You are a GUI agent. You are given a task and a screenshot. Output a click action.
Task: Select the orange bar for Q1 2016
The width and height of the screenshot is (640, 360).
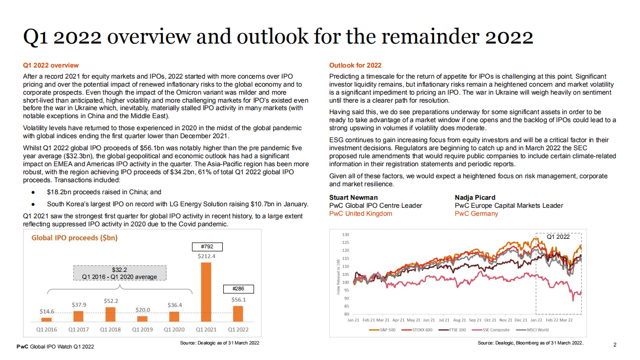tap(47, 319)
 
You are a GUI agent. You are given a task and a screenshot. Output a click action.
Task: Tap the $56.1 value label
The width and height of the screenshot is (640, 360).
tap(238, 299)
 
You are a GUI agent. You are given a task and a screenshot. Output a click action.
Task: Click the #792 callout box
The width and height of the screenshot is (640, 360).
tap(207, 246)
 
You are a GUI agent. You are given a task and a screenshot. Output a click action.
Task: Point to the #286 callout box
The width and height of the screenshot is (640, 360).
tap(238, 289)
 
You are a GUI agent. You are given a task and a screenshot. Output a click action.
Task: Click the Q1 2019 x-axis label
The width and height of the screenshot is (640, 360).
tap(143, 329)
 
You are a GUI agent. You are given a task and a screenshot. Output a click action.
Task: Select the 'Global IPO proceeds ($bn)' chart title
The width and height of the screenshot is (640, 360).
tap(75, 238)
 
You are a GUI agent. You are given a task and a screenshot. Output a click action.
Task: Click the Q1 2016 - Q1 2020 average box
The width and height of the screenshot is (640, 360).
tap(120, 273)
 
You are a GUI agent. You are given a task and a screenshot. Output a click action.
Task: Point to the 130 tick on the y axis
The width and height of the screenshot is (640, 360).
tap(345, 234)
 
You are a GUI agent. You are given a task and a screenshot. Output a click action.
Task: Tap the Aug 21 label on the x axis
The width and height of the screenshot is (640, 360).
tap(459, 319)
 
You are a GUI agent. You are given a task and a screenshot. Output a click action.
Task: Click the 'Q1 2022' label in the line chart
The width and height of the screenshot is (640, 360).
tap(558, 237)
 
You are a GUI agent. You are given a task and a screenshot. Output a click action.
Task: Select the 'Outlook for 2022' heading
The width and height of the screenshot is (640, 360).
tap(355, 65)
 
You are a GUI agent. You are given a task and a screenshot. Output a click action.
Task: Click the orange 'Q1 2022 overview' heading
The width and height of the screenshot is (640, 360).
tap(51, 65)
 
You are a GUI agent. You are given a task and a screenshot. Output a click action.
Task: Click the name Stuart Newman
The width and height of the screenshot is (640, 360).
tap(353, 197)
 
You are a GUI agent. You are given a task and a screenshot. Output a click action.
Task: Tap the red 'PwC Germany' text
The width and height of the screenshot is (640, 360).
tap(476, 213)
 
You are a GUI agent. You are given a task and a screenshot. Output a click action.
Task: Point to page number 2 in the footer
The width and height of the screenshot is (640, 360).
tap(615, 344)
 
